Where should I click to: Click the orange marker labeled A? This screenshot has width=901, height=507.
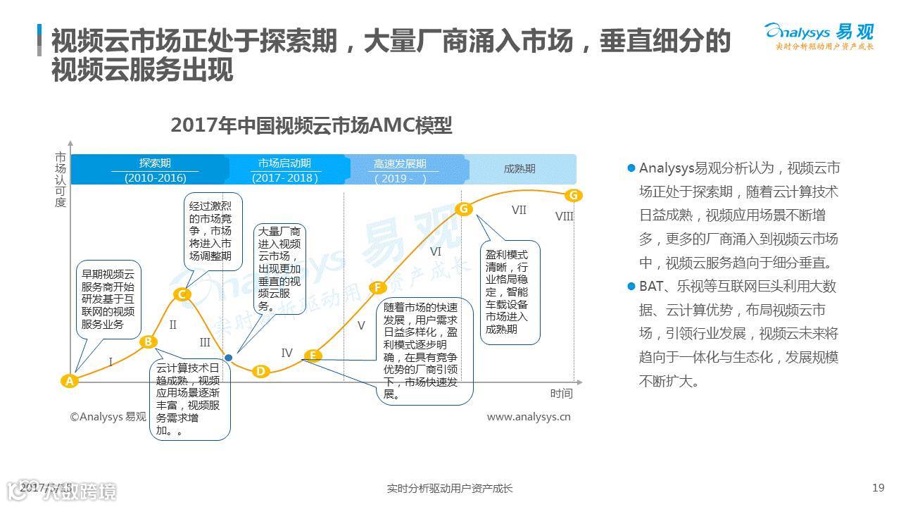tap(69, 381)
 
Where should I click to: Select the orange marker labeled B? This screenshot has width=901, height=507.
tap(149, 342)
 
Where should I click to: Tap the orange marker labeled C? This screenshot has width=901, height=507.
tap(182, 294)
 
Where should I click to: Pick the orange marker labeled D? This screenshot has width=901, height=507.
tap(260, 371)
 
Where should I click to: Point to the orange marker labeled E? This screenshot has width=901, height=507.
tap(313, 356)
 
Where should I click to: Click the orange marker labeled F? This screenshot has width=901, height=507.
tap(378, 287)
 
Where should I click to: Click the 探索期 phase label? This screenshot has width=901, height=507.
tap(155, 163)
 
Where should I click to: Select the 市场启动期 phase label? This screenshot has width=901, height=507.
tap(284, 163)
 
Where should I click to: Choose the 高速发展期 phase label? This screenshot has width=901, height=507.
tap(400, 164)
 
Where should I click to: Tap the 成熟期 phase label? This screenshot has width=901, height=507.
tap(519, 169)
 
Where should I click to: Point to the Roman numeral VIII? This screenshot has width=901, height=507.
tap(565, 216)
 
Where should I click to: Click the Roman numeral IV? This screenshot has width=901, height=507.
tap(286, 353)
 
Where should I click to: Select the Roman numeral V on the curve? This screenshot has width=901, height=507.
tap(361, 325)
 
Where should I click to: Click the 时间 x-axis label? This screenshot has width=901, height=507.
tap(561, 393)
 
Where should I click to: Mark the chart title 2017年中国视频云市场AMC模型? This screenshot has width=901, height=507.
tap(311, 125)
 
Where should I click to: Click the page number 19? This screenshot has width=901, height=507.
tap(878, 487)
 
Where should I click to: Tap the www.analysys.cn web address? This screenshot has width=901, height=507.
tap(529, 417)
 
